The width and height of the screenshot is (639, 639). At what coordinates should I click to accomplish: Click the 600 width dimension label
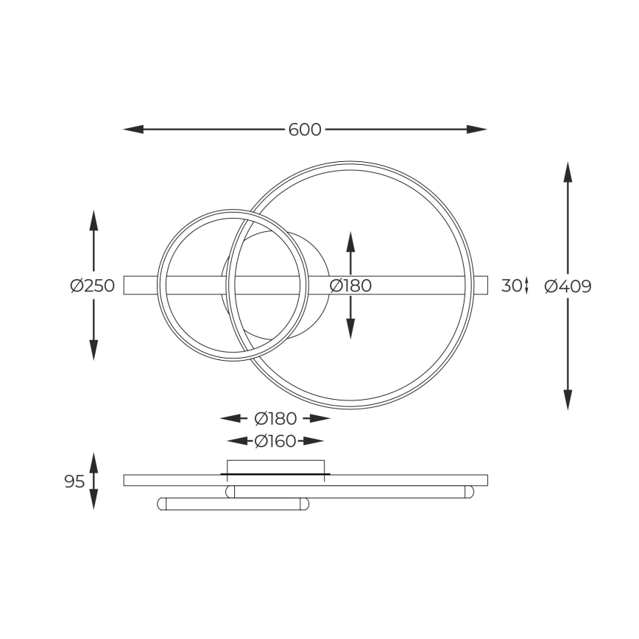(x=305, y=130)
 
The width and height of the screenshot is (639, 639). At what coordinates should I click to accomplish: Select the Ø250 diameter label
(x=93, y=286)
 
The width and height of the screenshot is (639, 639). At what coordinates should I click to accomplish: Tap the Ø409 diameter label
(x=568, y=286)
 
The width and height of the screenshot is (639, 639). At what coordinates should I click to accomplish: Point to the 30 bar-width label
(x=512, y=286)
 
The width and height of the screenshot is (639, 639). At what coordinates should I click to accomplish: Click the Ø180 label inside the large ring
(x=350, y=286)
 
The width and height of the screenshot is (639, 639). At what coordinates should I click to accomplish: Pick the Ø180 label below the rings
(x=275, y=419)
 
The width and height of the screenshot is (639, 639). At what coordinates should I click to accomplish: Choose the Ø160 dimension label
(x=275, y=441)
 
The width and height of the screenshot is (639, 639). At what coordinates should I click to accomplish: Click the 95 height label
(x=74, y=481)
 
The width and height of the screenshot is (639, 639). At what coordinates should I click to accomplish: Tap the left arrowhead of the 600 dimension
(x=133, y=130)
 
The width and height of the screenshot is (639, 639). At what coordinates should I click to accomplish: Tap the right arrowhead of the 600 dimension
(x=477, y=130)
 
